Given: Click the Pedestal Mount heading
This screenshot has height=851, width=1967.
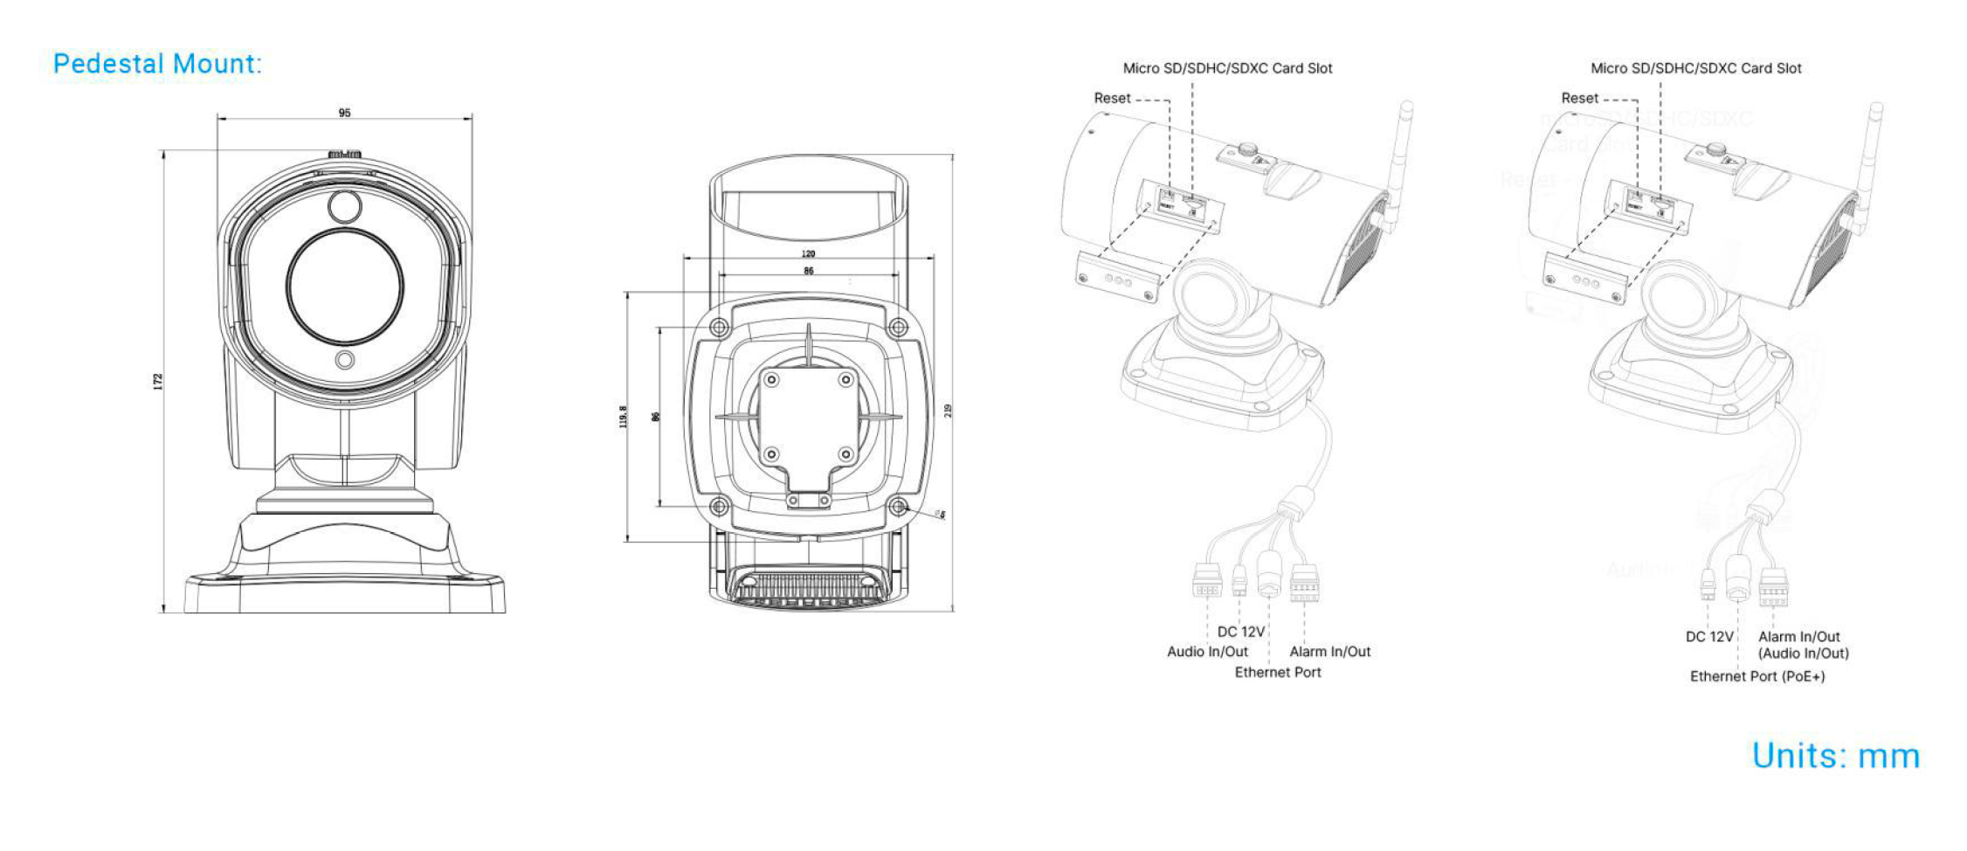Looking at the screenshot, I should click(157, 64).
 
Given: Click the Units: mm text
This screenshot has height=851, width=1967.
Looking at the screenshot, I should click(1835, 756).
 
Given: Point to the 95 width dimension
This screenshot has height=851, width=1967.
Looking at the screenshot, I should click(344, 113).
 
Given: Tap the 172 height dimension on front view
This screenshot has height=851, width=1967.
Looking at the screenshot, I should click(158, 382).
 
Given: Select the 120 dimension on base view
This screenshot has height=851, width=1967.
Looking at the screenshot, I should click(808, 254).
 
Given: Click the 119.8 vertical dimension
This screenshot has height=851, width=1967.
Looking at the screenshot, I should click(623, 417).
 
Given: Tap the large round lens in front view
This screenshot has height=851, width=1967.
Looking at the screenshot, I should click(344, 287).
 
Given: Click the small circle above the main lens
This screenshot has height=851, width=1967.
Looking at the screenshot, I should click(344, 207).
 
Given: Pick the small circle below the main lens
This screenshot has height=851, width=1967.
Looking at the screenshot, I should click(345, 360).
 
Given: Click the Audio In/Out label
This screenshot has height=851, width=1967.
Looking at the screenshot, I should click(1207, 652).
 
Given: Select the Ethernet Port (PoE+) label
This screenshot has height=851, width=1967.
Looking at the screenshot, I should click(1756, 676).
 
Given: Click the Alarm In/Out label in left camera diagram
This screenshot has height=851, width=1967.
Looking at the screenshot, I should click(1329, 652).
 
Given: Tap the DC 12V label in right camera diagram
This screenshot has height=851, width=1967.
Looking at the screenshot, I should click(1708, 637).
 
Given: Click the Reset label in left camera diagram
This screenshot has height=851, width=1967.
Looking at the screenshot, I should click(1112, 99).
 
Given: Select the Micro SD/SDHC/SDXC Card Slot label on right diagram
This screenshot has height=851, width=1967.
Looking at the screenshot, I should click(1695, 68).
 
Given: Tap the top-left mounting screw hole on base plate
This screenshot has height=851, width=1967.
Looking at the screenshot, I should click(719, 328).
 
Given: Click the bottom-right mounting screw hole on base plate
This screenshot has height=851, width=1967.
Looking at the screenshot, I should click(898, 506).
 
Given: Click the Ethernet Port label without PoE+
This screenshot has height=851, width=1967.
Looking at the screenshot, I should click(1277, 672).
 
